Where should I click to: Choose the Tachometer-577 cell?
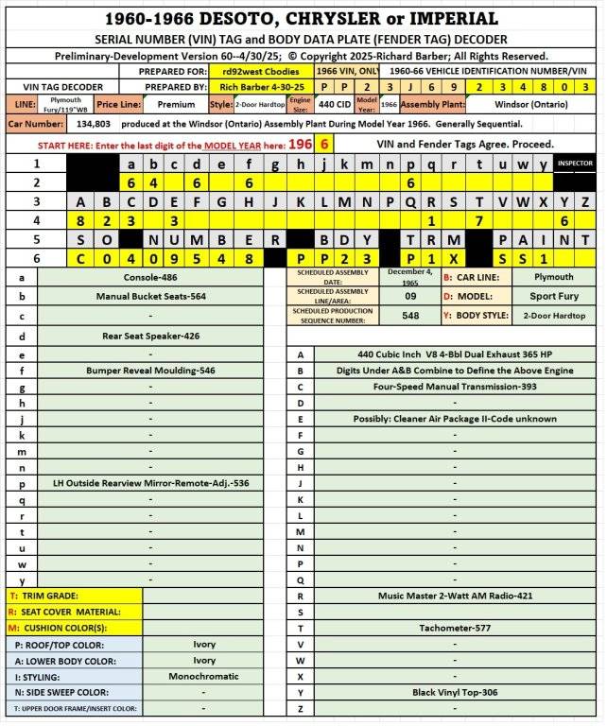[x=455, y=628]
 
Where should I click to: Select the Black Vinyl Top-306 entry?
[x=455, y=693]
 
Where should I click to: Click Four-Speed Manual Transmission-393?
[x=455, y=388]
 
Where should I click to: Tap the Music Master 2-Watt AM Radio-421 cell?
[x=455, y=596]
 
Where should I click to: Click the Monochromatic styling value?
[x=204, y=677]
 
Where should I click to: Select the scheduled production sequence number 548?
[x=410, y=316]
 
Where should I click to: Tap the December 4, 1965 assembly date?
[x=410, y=277]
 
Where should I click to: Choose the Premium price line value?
[x=176, y=105]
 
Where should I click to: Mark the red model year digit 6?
[x=324, y=144]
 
